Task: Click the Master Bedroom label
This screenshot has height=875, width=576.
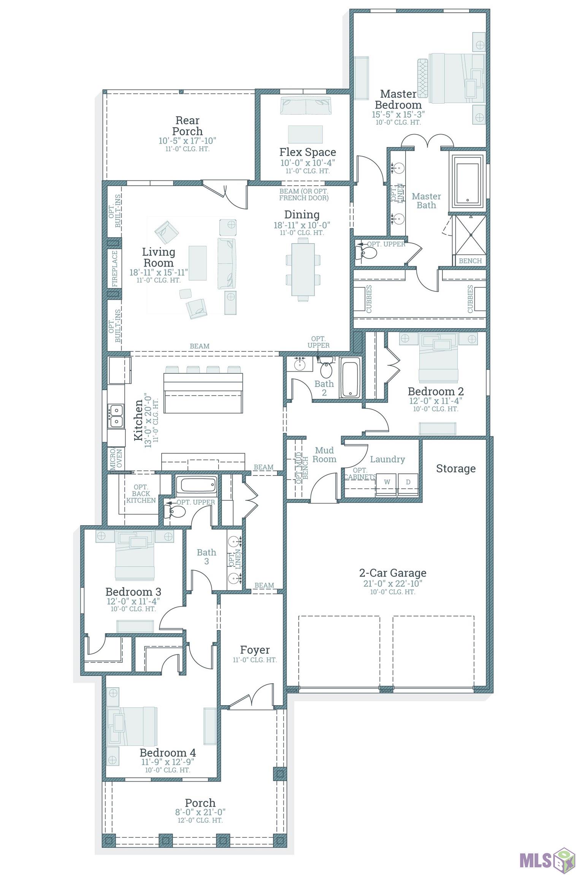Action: [398, 99]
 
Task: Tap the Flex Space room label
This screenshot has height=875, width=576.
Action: [308, 152]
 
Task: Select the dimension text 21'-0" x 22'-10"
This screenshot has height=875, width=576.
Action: [393, 583]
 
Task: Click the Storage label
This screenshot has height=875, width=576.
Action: [455, 469]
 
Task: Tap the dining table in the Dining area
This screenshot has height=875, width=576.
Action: [303, 269]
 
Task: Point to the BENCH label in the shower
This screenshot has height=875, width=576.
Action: [470, 261]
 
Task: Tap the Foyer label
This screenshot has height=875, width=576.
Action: [255, 650]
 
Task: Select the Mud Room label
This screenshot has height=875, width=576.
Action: [324, 455]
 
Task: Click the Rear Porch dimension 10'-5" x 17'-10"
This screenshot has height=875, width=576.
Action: [187, 141]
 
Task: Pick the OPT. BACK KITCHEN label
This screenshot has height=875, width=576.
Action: [141, 494]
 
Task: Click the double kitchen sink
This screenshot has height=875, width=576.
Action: [115, 416]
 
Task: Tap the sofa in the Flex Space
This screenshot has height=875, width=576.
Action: [306, 106]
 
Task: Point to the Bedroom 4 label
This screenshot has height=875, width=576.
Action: [168, 752]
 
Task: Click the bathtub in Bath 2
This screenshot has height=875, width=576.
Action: [350, 379]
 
